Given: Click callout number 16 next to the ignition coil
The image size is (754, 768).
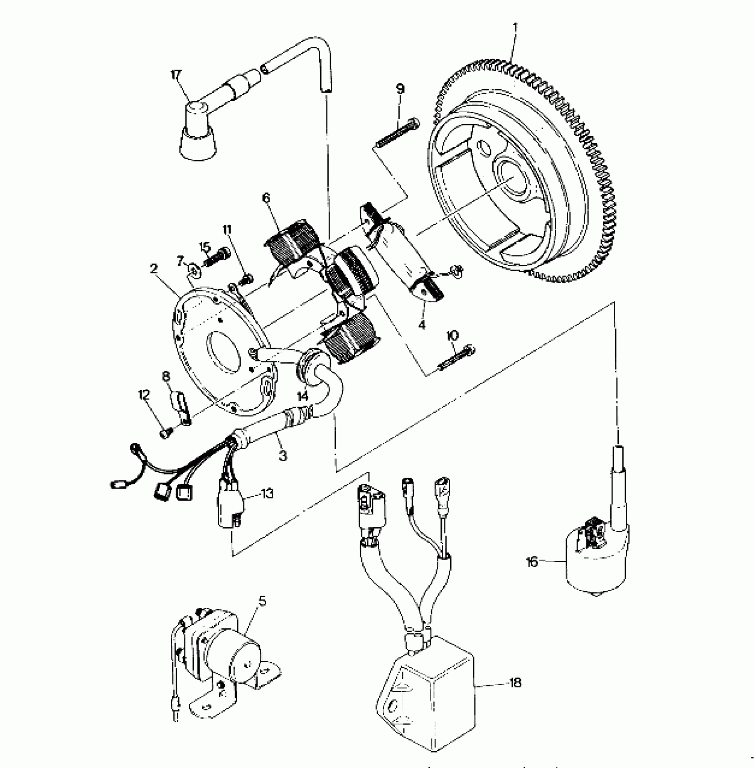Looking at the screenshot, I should (532, 562).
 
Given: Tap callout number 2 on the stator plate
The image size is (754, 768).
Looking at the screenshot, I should (154, 269).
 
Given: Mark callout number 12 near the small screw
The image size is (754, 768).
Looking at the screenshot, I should (145, 394).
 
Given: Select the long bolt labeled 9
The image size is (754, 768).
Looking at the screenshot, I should (397, 131).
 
